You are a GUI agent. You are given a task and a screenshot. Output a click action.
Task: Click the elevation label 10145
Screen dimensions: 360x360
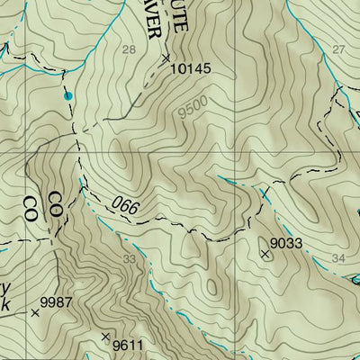[x=189, y=67]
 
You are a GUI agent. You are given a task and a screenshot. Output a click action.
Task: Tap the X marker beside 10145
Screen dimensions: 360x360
[x=166, y=58]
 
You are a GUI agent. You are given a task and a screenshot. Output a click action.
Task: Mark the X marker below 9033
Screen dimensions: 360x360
[x=265, y=255]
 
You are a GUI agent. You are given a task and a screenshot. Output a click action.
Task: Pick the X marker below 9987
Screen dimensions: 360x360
[x=35, y=313]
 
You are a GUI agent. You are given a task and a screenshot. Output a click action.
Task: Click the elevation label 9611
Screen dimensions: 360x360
[x=130, y=344]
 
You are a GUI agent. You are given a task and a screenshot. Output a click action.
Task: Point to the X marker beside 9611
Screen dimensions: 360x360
[x=105, y=337]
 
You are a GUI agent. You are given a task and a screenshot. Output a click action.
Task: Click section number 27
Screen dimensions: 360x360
[x=338, y=49]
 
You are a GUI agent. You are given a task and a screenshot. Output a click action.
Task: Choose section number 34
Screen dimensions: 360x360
[x=338, y=258]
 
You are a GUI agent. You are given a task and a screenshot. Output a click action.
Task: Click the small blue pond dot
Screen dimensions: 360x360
[x=67, y=94]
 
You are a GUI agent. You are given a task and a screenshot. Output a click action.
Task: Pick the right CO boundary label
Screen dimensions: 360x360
[x=56, y=203]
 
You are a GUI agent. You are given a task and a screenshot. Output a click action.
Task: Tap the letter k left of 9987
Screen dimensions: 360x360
[x=6, y=307]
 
